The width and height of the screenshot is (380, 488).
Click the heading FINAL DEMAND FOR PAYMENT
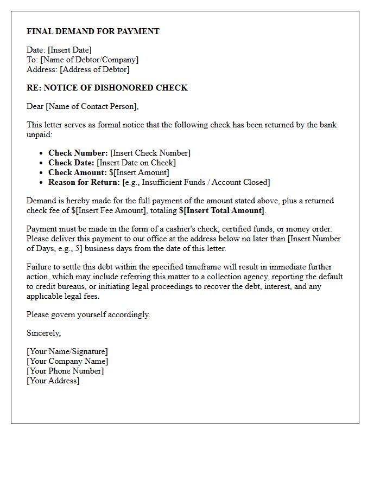[93, 31]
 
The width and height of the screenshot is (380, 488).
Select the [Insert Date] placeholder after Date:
[69, 50]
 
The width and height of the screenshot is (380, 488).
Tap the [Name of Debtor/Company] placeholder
[89, 60]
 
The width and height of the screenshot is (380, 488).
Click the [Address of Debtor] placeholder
[94, 69]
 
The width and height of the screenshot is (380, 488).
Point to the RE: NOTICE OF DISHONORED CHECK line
[107, 88]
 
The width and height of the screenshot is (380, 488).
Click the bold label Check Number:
[78, 153]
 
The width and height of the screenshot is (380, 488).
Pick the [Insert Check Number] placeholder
[150, 153]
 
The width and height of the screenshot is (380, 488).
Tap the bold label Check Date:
[71, 163]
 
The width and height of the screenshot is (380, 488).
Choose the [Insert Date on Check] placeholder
[136, 163]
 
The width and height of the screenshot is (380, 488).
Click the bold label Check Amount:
[78, 172]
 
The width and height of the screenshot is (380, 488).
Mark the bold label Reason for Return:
[84, 182]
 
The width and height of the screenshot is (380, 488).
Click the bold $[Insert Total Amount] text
[221, 210]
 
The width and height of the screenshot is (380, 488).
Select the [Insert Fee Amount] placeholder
[112, 210]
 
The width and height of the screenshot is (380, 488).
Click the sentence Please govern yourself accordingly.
[88, 314]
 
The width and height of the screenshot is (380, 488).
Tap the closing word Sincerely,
[44, 333]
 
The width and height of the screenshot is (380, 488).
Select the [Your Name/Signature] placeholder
[67, 351]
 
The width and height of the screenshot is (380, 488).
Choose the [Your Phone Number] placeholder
[65, 371]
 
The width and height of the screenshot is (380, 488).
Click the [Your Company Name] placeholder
[67, 361]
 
